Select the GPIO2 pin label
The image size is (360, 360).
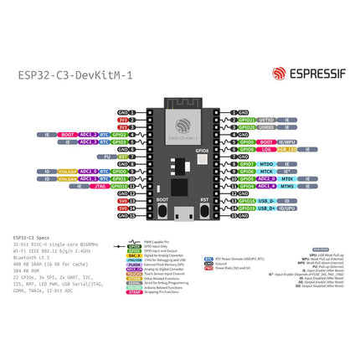119,134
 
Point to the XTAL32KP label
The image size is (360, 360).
65,171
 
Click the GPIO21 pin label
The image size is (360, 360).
246,120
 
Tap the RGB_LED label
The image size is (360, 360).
286,149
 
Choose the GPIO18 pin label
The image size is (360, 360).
246,200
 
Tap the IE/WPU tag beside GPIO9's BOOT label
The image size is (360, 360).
287,141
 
